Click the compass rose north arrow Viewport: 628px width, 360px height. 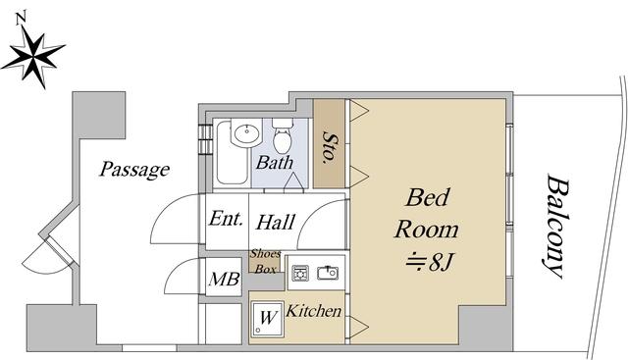(33, 56)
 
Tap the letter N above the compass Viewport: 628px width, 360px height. (21, 19)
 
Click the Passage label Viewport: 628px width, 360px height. (134, 170)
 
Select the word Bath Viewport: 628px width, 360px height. (275, 163)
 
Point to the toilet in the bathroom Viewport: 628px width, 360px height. (283, 135)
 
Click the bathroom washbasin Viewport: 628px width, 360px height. (246, 132)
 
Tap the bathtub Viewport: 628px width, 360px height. (232, 152)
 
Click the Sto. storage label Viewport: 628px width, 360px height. (330, 146)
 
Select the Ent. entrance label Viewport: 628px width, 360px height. (226, 219)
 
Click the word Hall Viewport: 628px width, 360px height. (276, 223)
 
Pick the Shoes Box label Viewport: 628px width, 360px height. (266, 262)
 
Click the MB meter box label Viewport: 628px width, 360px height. (224, 279)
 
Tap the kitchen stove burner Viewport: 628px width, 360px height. (300, 273)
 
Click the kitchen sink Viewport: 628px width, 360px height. (328, 273)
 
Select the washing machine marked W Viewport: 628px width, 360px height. (268, 319)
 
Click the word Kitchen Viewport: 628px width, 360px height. (314, 311)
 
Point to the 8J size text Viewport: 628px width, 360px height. (430, 263)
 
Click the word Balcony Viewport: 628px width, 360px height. (557, 226)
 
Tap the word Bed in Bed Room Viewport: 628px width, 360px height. (427, 197)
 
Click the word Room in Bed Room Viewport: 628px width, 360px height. (427, 230)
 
